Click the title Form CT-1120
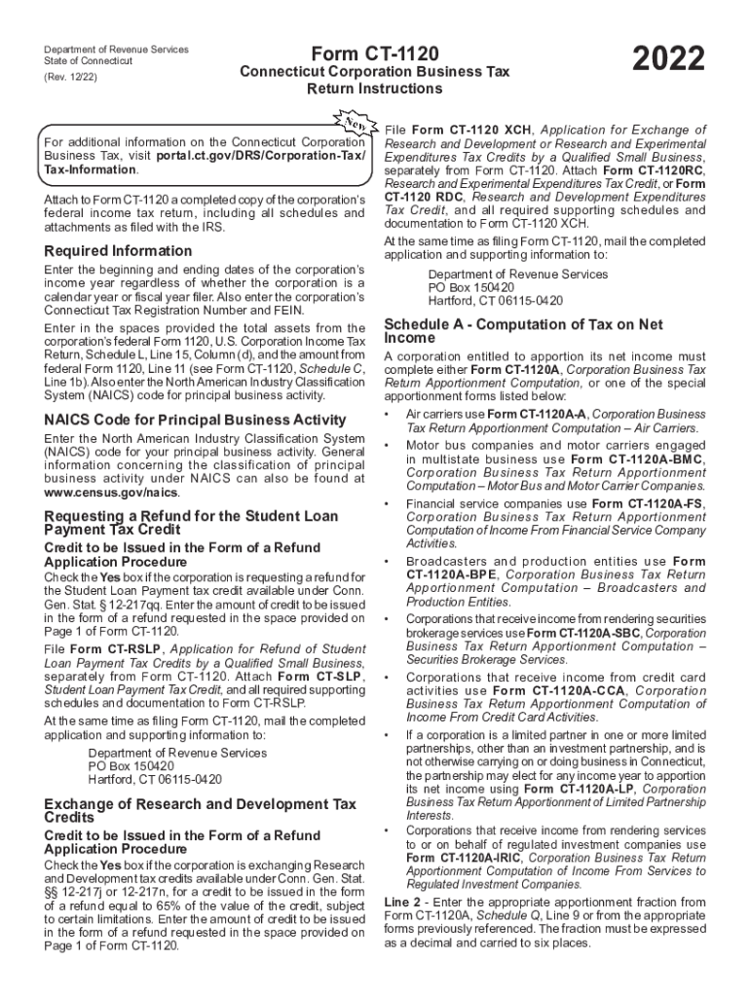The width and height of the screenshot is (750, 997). (375, 54)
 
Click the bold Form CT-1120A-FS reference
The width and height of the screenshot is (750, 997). (650, 503)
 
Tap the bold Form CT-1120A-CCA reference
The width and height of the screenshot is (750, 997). (556, 690)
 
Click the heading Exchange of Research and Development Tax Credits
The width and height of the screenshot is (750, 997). (201, 811)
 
